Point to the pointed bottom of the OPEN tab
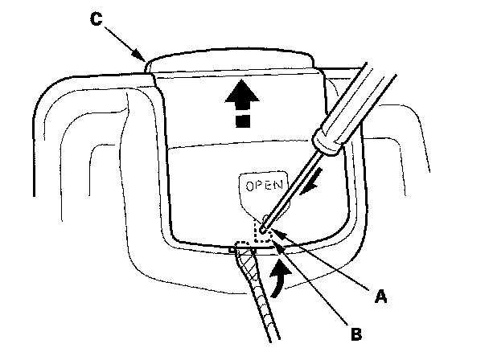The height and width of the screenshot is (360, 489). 261,215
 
